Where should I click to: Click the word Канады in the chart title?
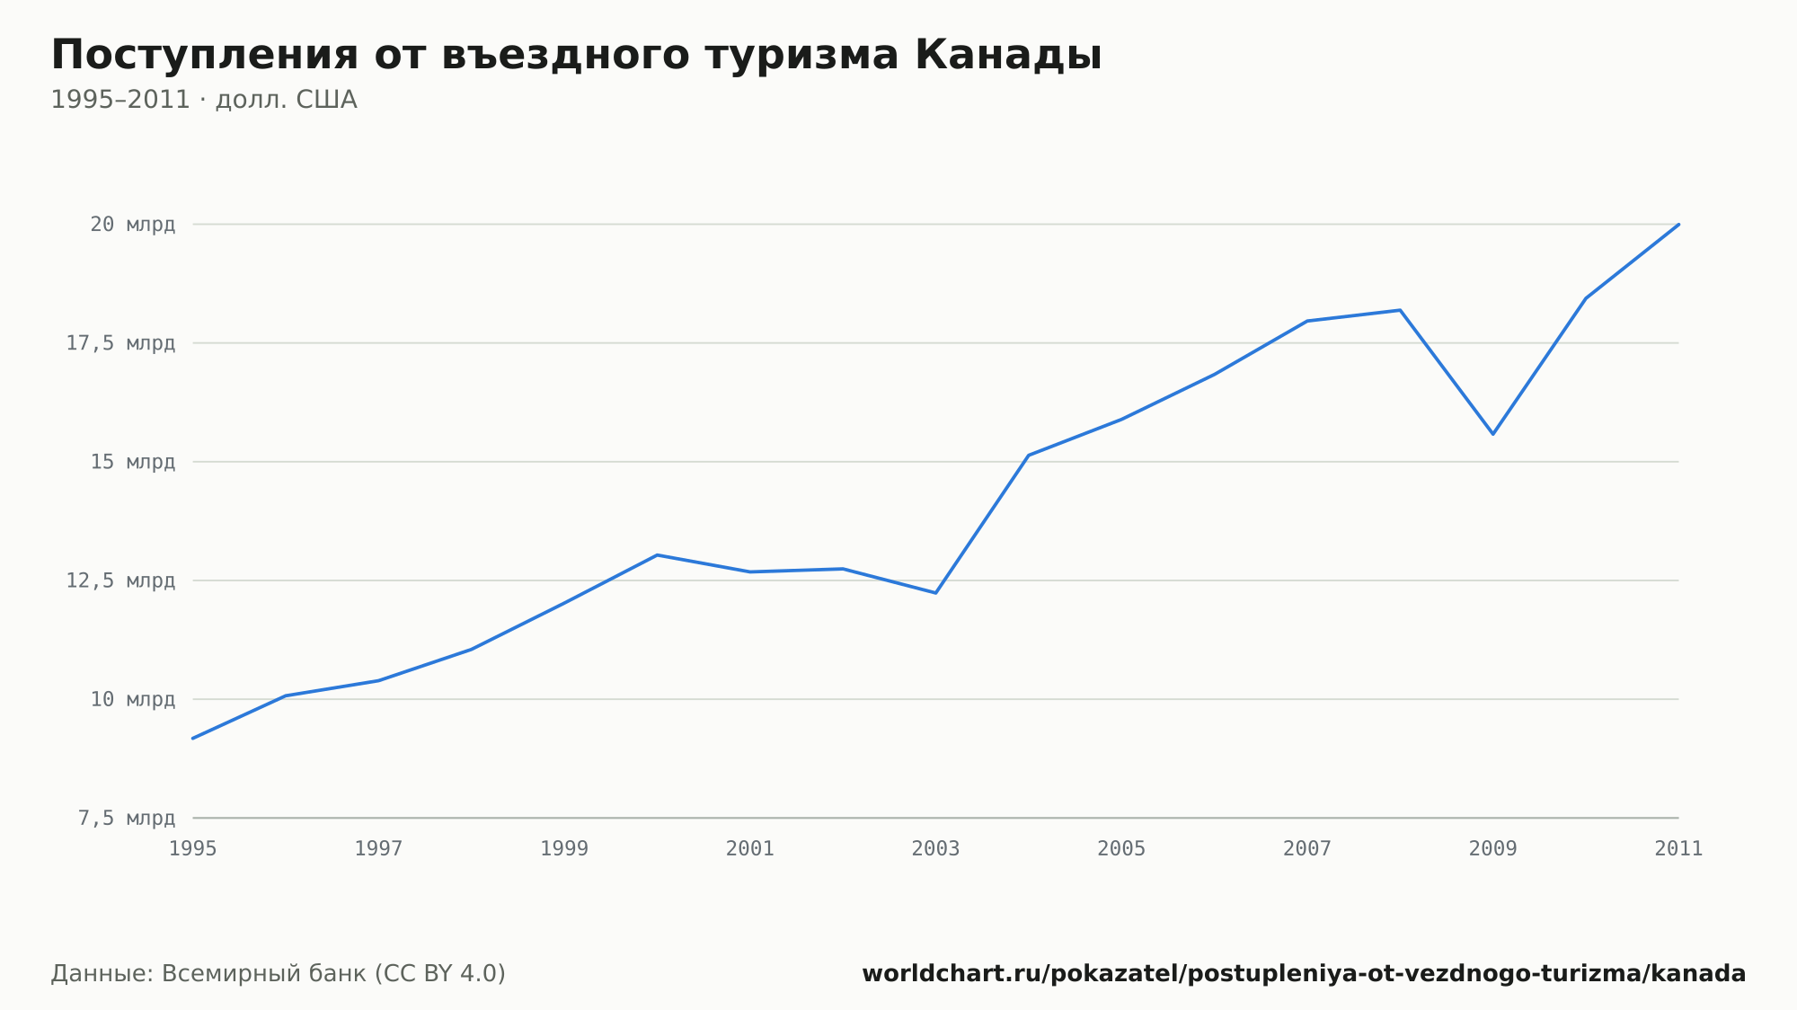[1008, 56]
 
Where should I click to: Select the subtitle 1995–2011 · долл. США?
[204, 100]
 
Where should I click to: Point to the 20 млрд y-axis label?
[132, 225]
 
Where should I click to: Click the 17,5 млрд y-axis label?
[120, 343]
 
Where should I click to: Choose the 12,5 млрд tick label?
[120, 580]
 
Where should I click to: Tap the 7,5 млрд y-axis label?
[127, 818]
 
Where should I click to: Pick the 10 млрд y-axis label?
[132, 699]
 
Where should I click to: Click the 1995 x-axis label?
[193, 849]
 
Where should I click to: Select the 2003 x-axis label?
[935, 849]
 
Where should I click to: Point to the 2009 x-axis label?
[1492, 849]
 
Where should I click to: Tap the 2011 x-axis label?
[1678, 849]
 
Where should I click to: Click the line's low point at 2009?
[1492, 434]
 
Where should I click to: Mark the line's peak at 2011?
[1678, 224]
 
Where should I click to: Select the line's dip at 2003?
[935, 593]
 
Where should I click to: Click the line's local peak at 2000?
[657, 554]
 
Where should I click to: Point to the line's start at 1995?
[193, 739]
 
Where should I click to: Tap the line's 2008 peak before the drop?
[1400, 310]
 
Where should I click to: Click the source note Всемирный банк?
[264, 974]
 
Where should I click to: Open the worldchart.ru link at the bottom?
[1304, 974]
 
